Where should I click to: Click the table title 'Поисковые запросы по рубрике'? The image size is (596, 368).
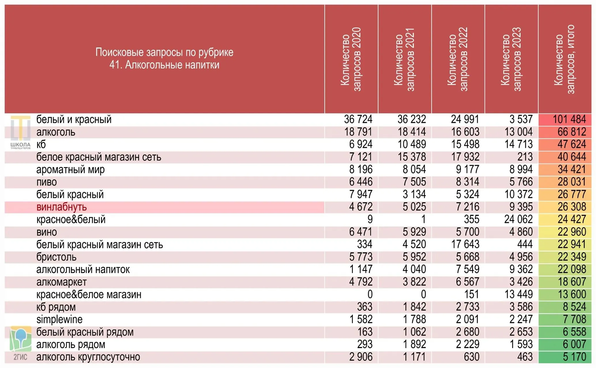164,52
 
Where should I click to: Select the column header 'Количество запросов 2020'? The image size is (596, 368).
351,59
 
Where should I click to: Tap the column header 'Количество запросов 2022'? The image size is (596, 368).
458,59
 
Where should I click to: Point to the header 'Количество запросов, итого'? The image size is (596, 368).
564,59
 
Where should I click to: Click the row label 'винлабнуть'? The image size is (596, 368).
61,207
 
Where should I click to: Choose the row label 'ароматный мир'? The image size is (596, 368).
70,169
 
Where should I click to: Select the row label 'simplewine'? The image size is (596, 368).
59,319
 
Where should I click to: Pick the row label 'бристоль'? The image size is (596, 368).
57,257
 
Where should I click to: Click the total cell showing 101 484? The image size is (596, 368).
569,119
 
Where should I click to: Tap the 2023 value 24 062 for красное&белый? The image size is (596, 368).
518,219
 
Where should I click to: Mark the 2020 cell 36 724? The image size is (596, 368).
358,119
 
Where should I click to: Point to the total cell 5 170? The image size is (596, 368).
574,357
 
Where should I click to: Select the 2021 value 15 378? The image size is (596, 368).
412,157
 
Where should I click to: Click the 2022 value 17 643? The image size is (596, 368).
465,244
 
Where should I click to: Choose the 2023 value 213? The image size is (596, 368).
525,157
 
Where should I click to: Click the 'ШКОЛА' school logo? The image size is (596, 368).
20,132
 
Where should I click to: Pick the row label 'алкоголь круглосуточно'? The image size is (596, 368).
88,357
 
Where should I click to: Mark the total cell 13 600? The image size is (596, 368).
572,294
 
